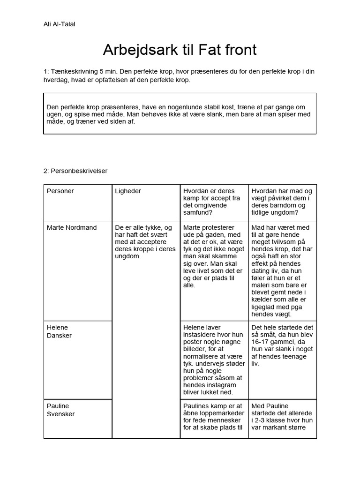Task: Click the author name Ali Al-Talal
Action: [x=59, y=24]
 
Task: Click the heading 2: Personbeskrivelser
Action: [x=75, y=171]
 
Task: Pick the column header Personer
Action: [x=60, y=191]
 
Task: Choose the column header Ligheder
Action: [x=128, y=191]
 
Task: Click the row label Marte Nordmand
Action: [x=72, y=227]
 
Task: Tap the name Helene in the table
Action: [x=57, y=327]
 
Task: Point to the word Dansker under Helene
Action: [x=59, y=336]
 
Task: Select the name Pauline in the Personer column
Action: [x=58, y=405]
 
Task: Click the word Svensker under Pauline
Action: [x=60, y=414]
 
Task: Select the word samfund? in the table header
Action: [x=197, y=212]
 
